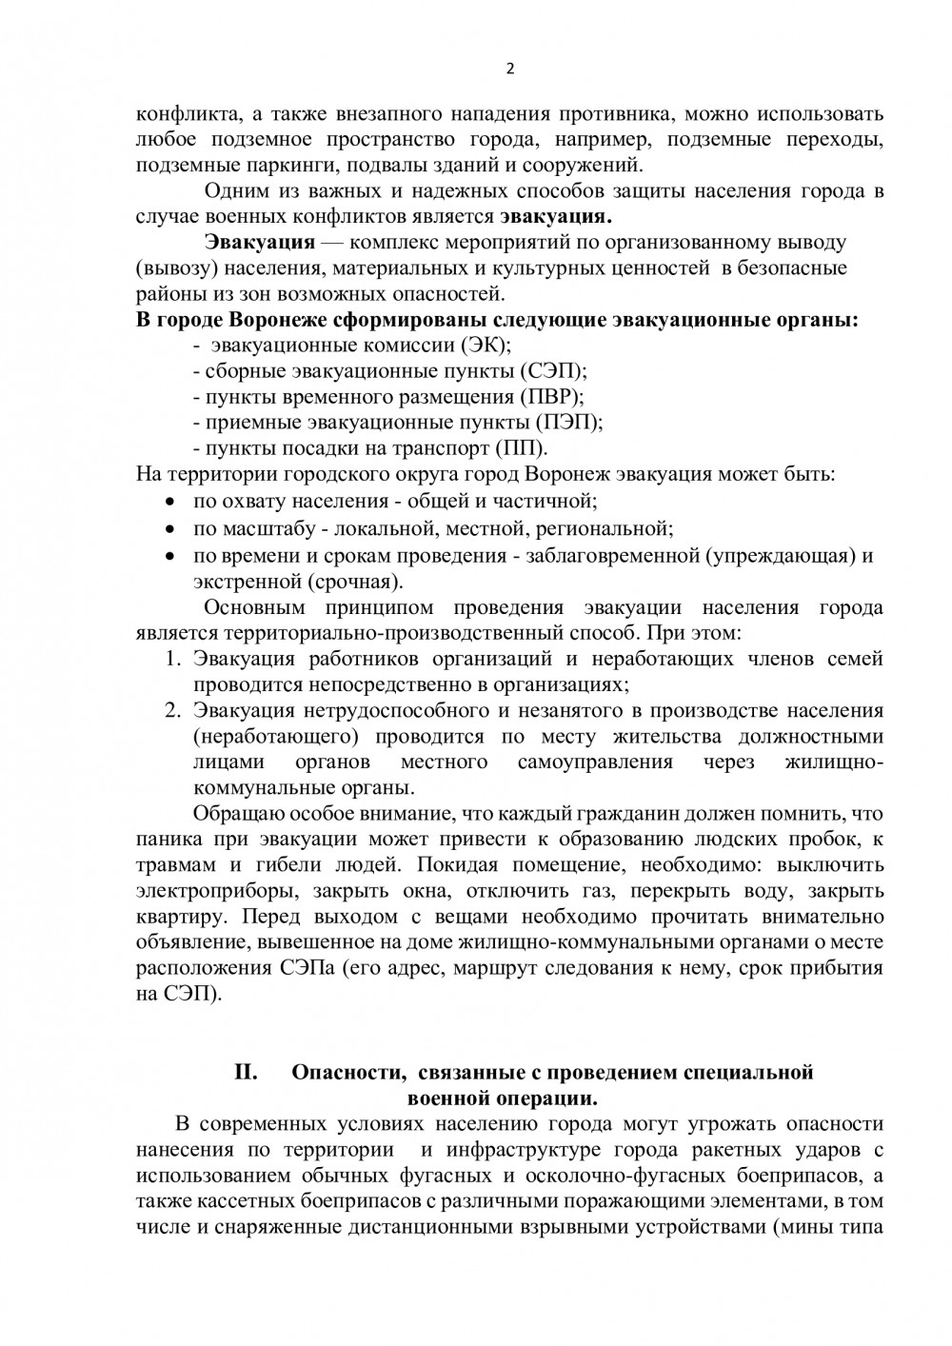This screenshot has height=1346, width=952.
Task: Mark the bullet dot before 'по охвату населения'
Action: click(x=169, y=501)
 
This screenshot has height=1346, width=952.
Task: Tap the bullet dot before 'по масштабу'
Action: click(x=169, y=526)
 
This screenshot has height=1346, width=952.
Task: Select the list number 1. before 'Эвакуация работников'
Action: click(x=172, y=659)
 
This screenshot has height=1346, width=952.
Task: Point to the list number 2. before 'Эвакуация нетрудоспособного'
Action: click(x=172, y=710)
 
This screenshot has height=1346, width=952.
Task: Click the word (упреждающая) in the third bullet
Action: click(x=780, y=556)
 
